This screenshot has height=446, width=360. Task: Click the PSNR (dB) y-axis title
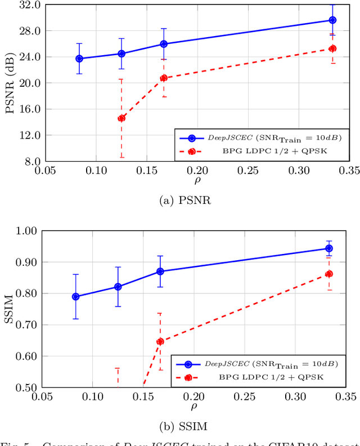(x=10, y=83)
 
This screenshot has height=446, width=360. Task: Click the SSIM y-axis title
(x=10, y=309)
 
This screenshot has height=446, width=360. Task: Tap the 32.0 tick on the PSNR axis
(x=29, y=5)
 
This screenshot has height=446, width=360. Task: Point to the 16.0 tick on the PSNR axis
(x=29, y=109)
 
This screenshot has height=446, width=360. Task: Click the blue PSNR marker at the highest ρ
(x=332, y=20)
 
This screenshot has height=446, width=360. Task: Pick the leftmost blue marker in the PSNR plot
(x=79, y=59)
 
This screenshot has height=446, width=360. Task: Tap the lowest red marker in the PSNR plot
(x=121, y=118)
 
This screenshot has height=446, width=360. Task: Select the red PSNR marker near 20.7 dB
(x=164, y=78)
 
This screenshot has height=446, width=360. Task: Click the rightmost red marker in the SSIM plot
(x=329, y=274)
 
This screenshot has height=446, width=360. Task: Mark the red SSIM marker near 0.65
(x=160, y=341)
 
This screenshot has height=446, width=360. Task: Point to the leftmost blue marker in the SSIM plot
(x=76, y=297)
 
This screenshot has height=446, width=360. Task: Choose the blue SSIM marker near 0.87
(x=160, y=271)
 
